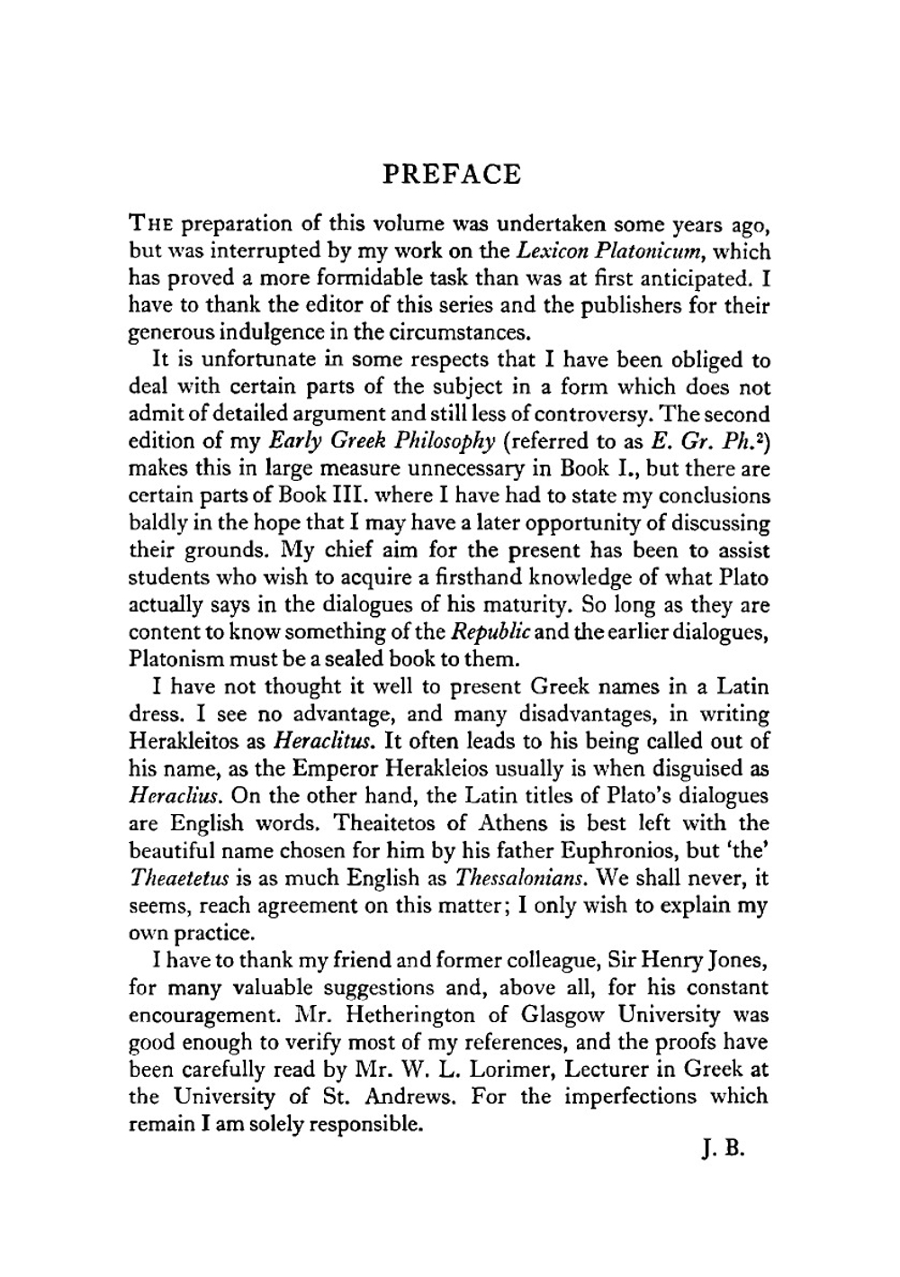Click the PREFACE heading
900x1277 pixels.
click(x=451, y=173)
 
